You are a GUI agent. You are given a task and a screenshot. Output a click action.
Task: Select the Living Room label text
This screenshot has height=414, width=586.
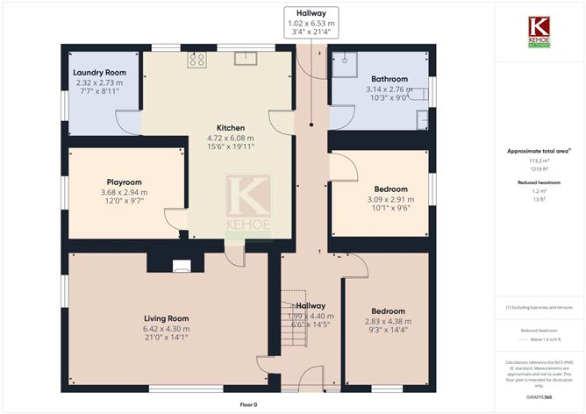pos(166,318)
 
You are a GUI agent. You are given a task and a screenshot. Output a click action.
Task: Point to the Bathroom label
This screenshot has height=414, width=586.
pos(390,78)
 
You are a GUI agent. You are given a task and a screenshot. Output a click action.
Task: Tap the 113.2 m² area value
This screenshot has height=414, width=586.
pos(535,161)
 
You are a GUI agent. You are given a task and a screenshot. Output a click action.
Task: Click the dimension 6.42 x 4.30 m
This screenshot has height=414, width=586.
pos(166,327)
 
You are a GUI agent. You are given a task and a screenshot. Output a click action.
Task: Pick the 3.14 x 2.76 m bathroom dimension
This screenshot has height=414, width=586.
pos(390,89)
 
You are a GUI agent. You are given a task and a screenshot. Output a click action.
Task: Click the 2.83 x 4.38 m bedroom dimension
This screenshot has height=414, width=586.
pos(387,321)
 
